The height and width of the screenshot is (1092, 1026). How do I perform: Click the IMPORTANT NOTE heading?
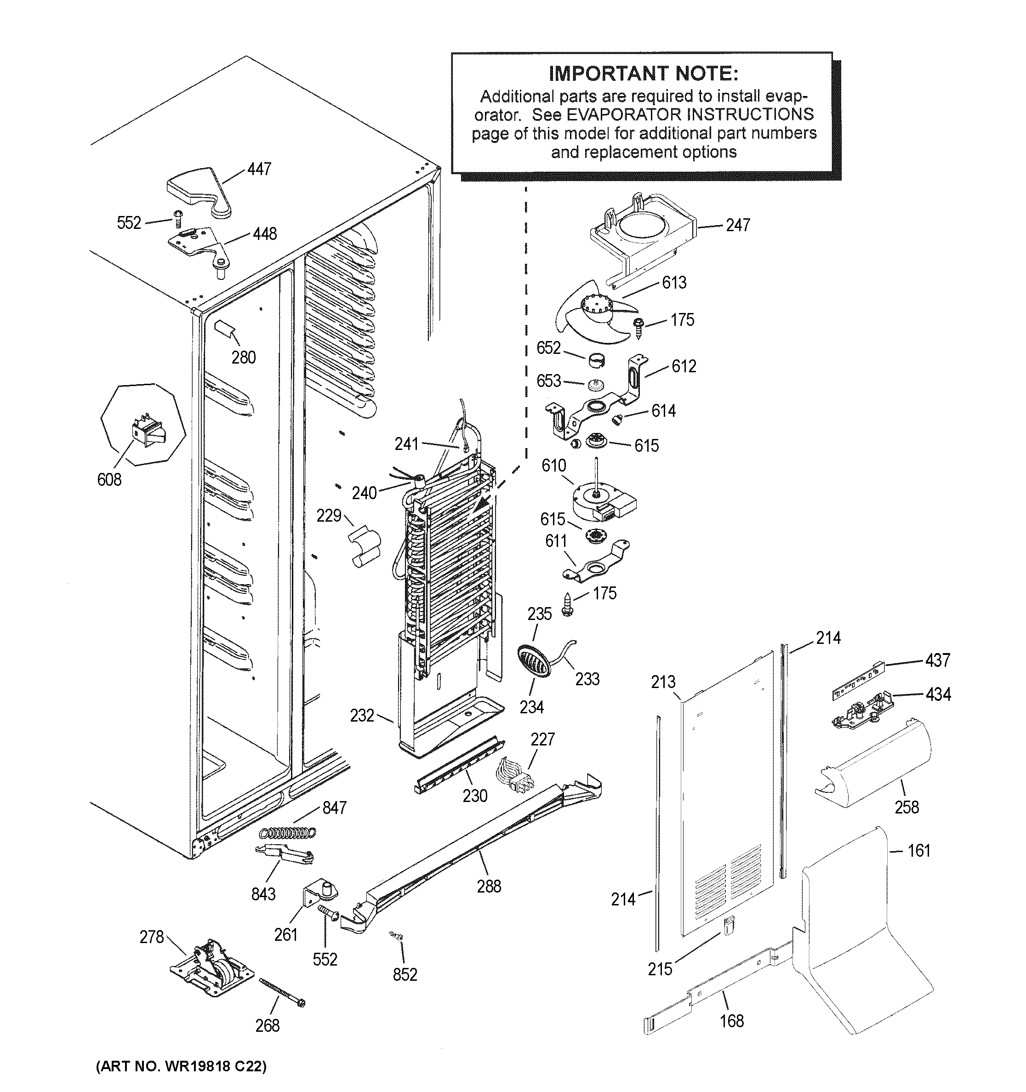pyautogui.click(x=643, y=74)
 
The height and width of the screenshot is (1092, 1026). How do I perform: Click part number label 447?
pyautogui.click(x=259, y=169)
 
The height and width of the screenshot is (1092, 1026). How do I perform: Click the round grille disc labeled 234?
pyautogui.click(x=533, y=660)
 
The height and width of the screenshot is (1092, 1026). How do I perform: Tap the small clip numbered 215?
pyautogui.click(x=728, y=926)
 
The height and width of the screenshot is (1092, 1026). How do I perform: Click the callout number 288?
pyautogui.click(x=488, y=886)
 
